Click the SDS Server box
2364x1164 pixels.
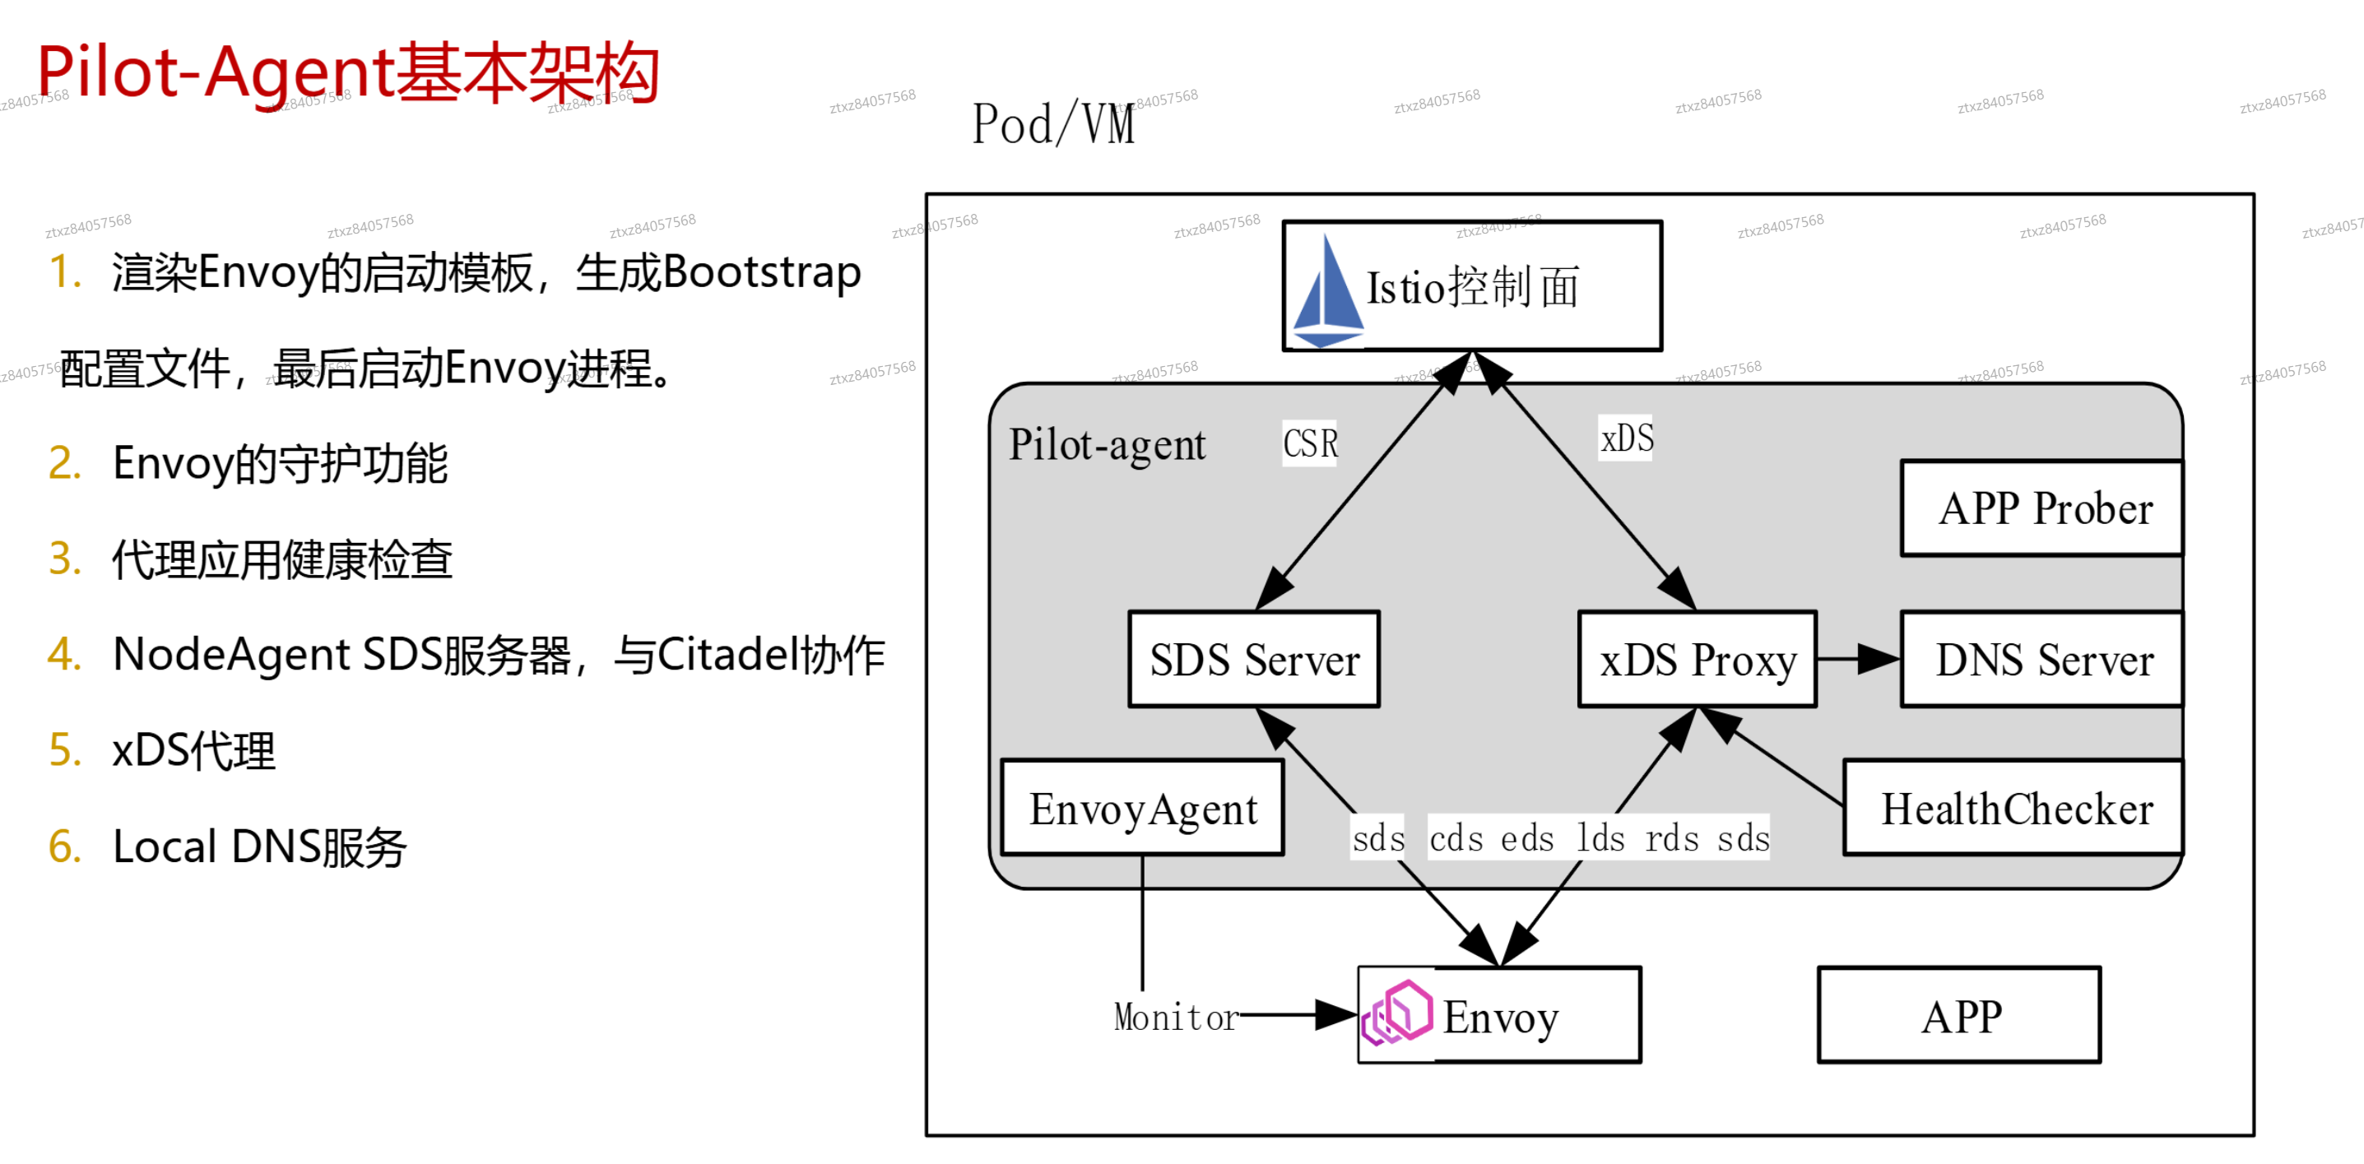point(1253,660)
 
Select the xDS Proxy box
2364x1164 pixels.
point(1697,660)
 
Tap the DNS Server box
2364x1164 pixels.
point(2043,660)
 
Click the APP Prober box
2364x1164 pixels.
point(2043,509)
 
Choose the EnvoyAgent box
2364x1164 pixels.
point(1143,808)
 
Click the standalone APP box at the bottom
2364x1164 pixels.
point(1959,1015)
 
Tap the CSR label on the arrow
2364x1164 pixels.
point(1310,444)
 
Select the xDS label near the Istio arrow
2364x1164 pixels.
point(1626,438)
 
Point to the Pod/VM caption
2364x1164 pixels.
point(1053,125)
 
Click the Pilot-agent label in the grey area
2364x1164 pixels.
point(1107,445)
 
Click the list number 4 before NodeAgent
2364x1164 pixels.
point(64,655)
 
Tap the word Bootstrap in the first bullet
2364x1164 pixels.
point(761,272)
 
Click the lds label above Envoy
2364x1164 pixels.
point(1600,838)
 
